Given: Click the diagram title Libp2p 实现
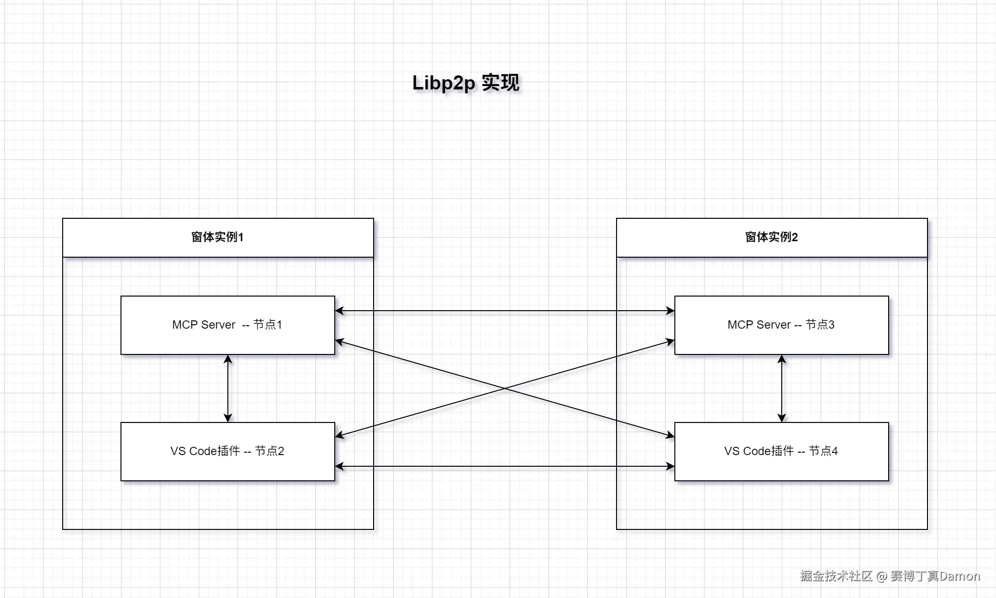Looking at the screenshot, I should tap(465, 83).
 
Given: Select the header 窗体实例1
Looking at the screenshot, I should tap(217, 237).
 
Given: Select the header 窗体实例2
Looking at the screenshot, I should tap(771, 237).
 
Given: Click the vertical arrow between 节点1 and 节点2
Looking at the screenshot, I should tap(228, 388).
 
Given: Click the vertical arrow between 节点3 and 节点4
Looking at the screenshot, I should tap(782, 388).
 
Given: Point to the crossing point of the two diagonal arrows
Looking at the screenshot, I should tap(505, 388).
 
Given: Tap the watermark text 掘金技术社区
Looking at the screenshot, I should tap(836, 576).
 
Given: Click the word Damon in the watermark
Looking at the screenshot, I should tap(960, 576).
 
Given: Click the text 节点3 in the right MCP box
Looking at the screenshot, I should tap(820, 324).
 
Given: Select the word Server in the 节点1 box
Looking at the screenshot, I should tap(218, 325).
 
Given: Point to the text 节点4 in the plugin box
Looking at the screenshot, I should tap(823, 451).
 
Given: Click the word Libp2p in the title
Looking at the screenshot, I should tap(443, 83).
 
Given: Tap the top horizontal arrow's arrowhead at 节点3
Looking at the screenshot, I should tap(670, 311).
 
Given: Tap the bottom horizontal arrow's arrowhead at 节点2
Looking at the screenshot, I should tap(339, 466).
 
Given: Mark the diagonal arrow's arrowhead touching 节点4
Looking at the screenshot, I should tap(670, 436).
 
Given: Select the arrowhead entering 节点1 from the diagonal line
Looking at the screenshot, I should tap(340, 342).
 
